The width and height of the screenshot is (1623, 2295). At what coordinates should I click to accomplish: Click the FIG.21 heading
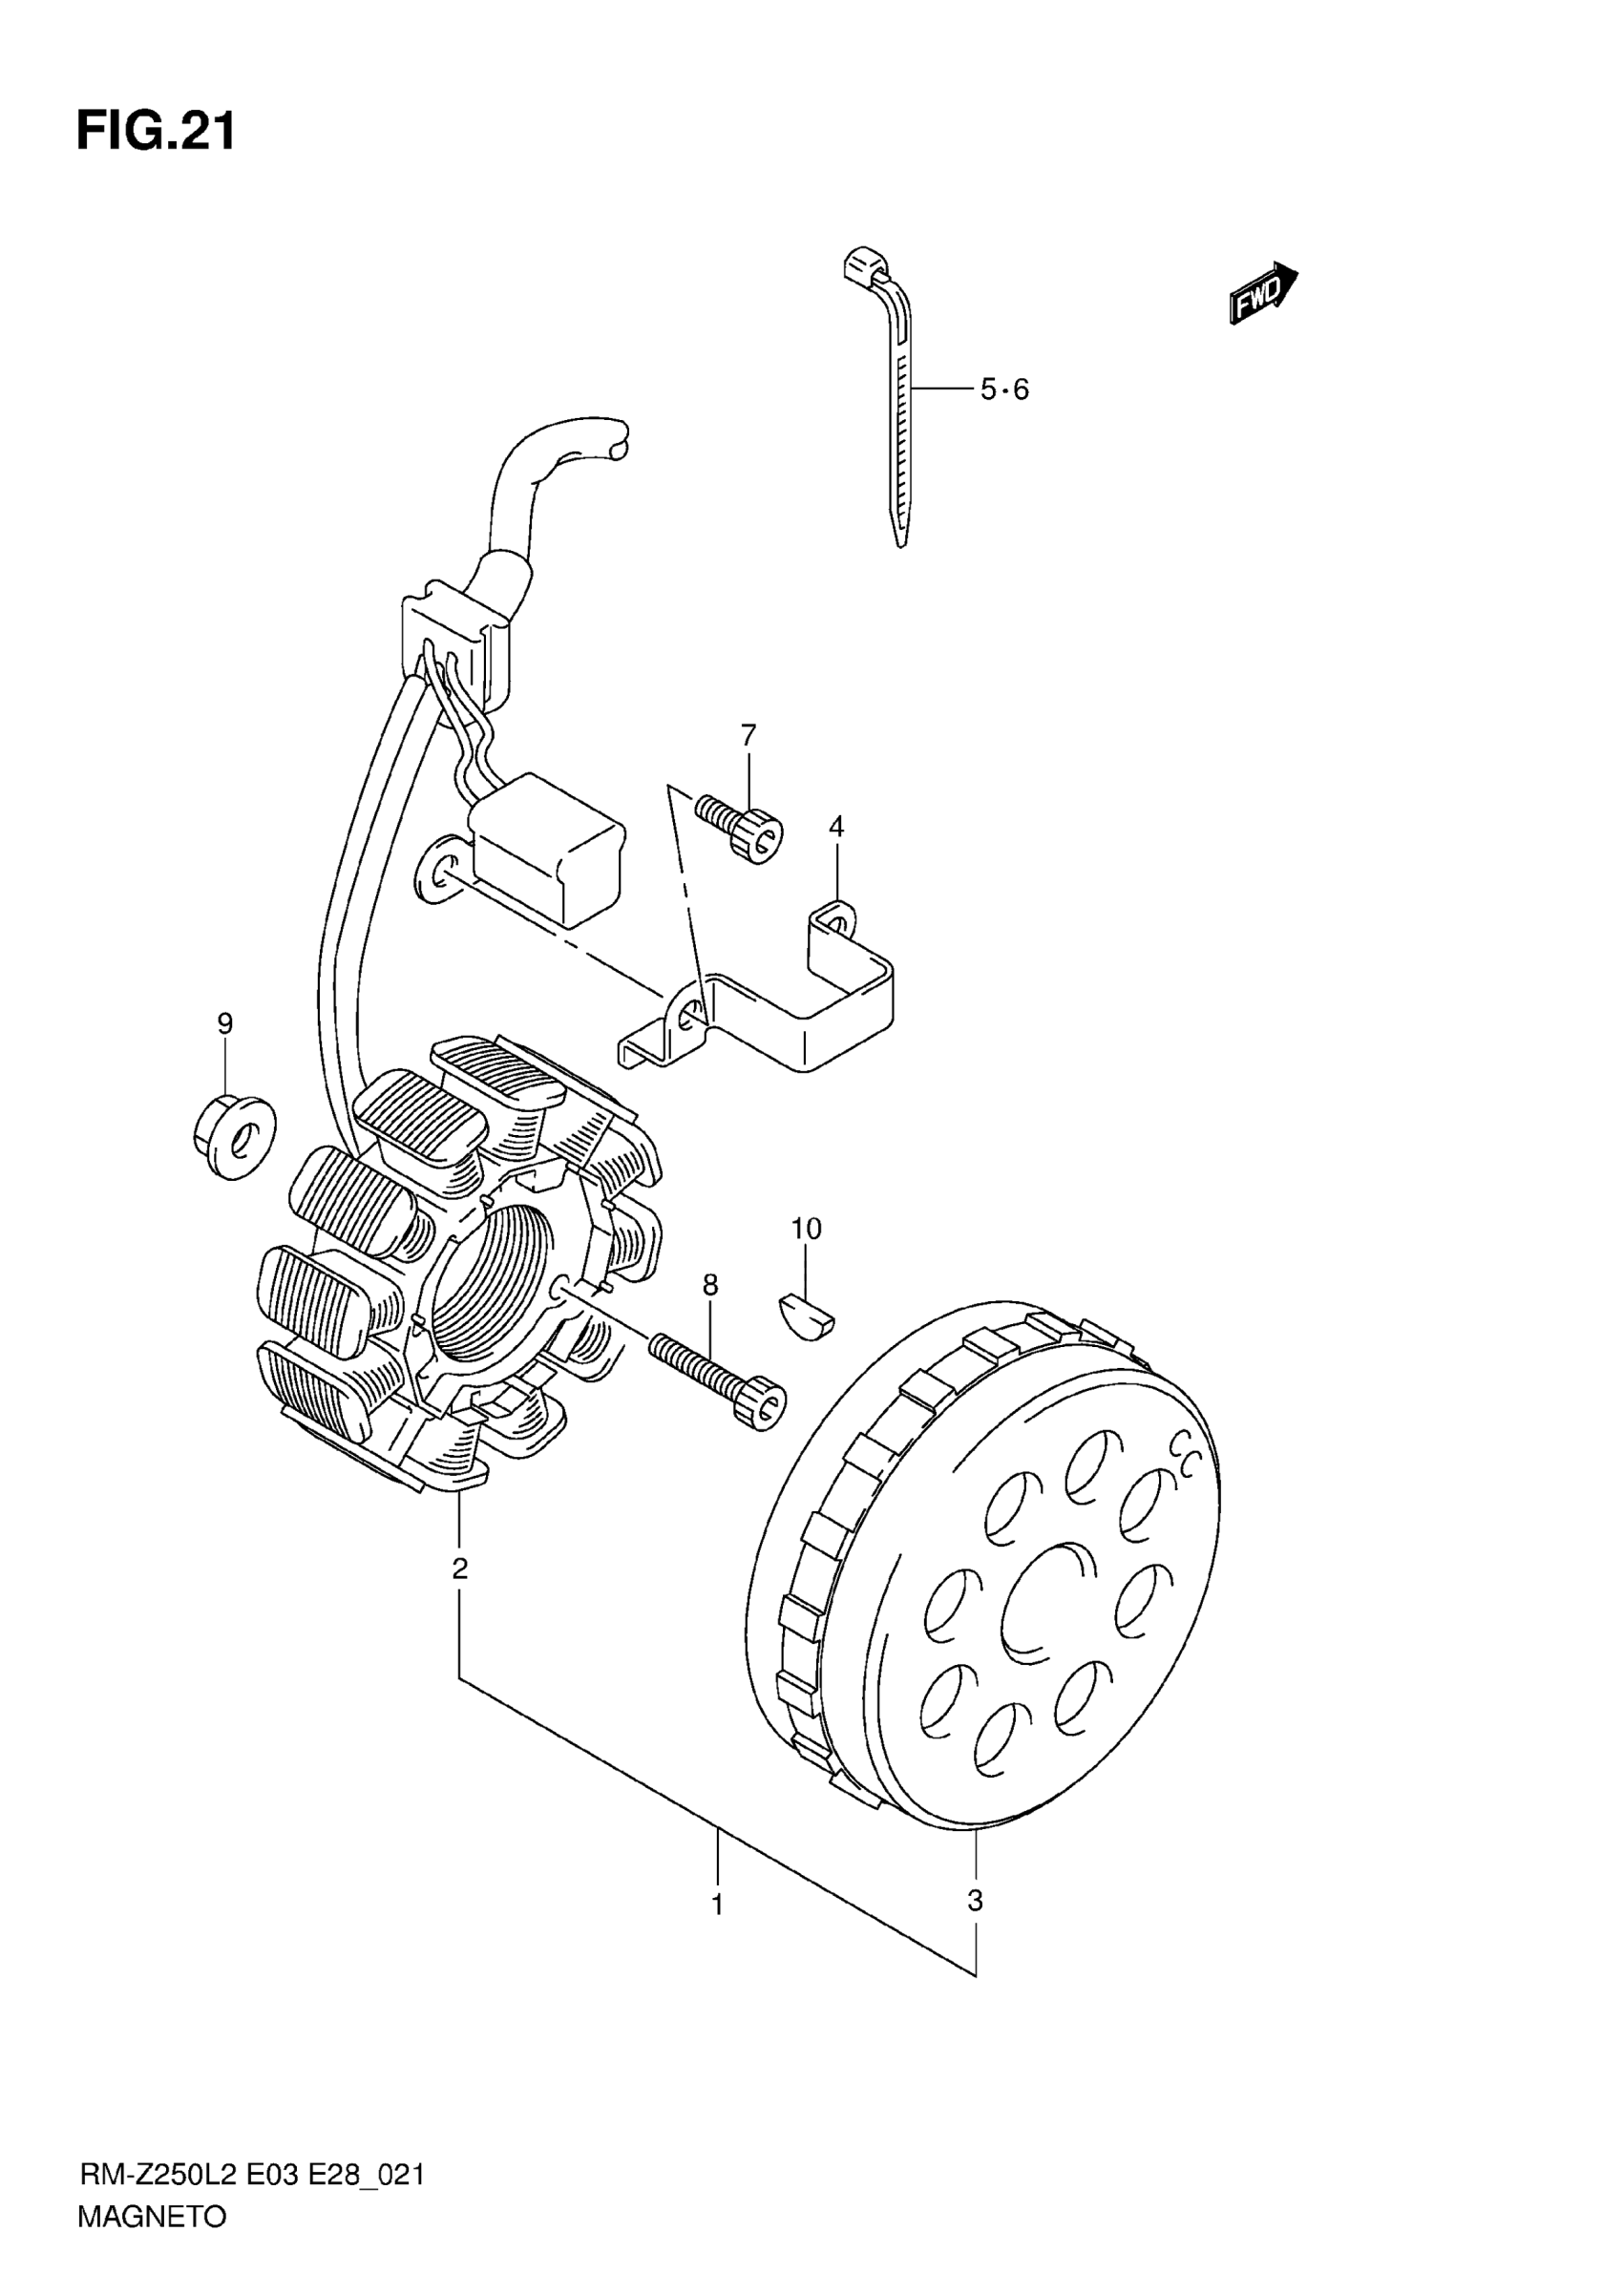pyautogui.click(x=156, y=131)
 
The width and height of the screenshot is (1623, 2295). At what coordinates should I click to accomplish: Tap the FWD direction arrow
pyautogui.click(x=1262, y=292)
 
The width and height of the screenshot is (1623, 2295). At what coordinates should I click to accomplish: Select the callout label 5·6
pyautogui.click(x=1003, y=390)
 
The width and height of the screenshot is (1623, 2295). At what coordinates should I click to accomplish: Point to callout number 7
pyautogui.click(x=748, y=735)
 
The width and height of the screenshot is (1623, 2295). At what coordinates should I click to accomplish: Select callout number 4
pyautogui.click(x=836, y=827)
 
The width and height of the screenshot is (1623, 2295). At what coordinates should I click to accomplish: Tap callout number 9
pyautogui.click(x=225, y=1023)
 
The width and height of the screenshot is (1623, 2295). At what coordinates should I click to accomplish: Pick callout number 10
pyautogui.click(x=806, y=1229)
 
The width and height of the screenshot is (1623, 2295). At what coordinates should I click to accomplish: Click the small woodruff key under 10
pyautogui.click(x=809, y=1316)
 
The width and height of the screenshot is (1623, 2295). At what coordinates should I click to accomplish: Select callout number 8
pyautogui.click(x=709, y=1284)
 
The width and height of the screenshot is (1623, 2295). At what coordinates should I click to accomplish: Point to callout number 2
pyautogui.click(x=460, y=1569)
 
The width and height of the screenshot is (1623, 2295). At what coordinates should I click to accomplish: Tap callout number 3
pyautogui.click(x=976, y=1901)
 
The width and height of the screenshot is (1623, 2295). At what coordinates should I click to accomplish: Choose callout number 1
pyautogui.click(x=718, y=1905)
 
